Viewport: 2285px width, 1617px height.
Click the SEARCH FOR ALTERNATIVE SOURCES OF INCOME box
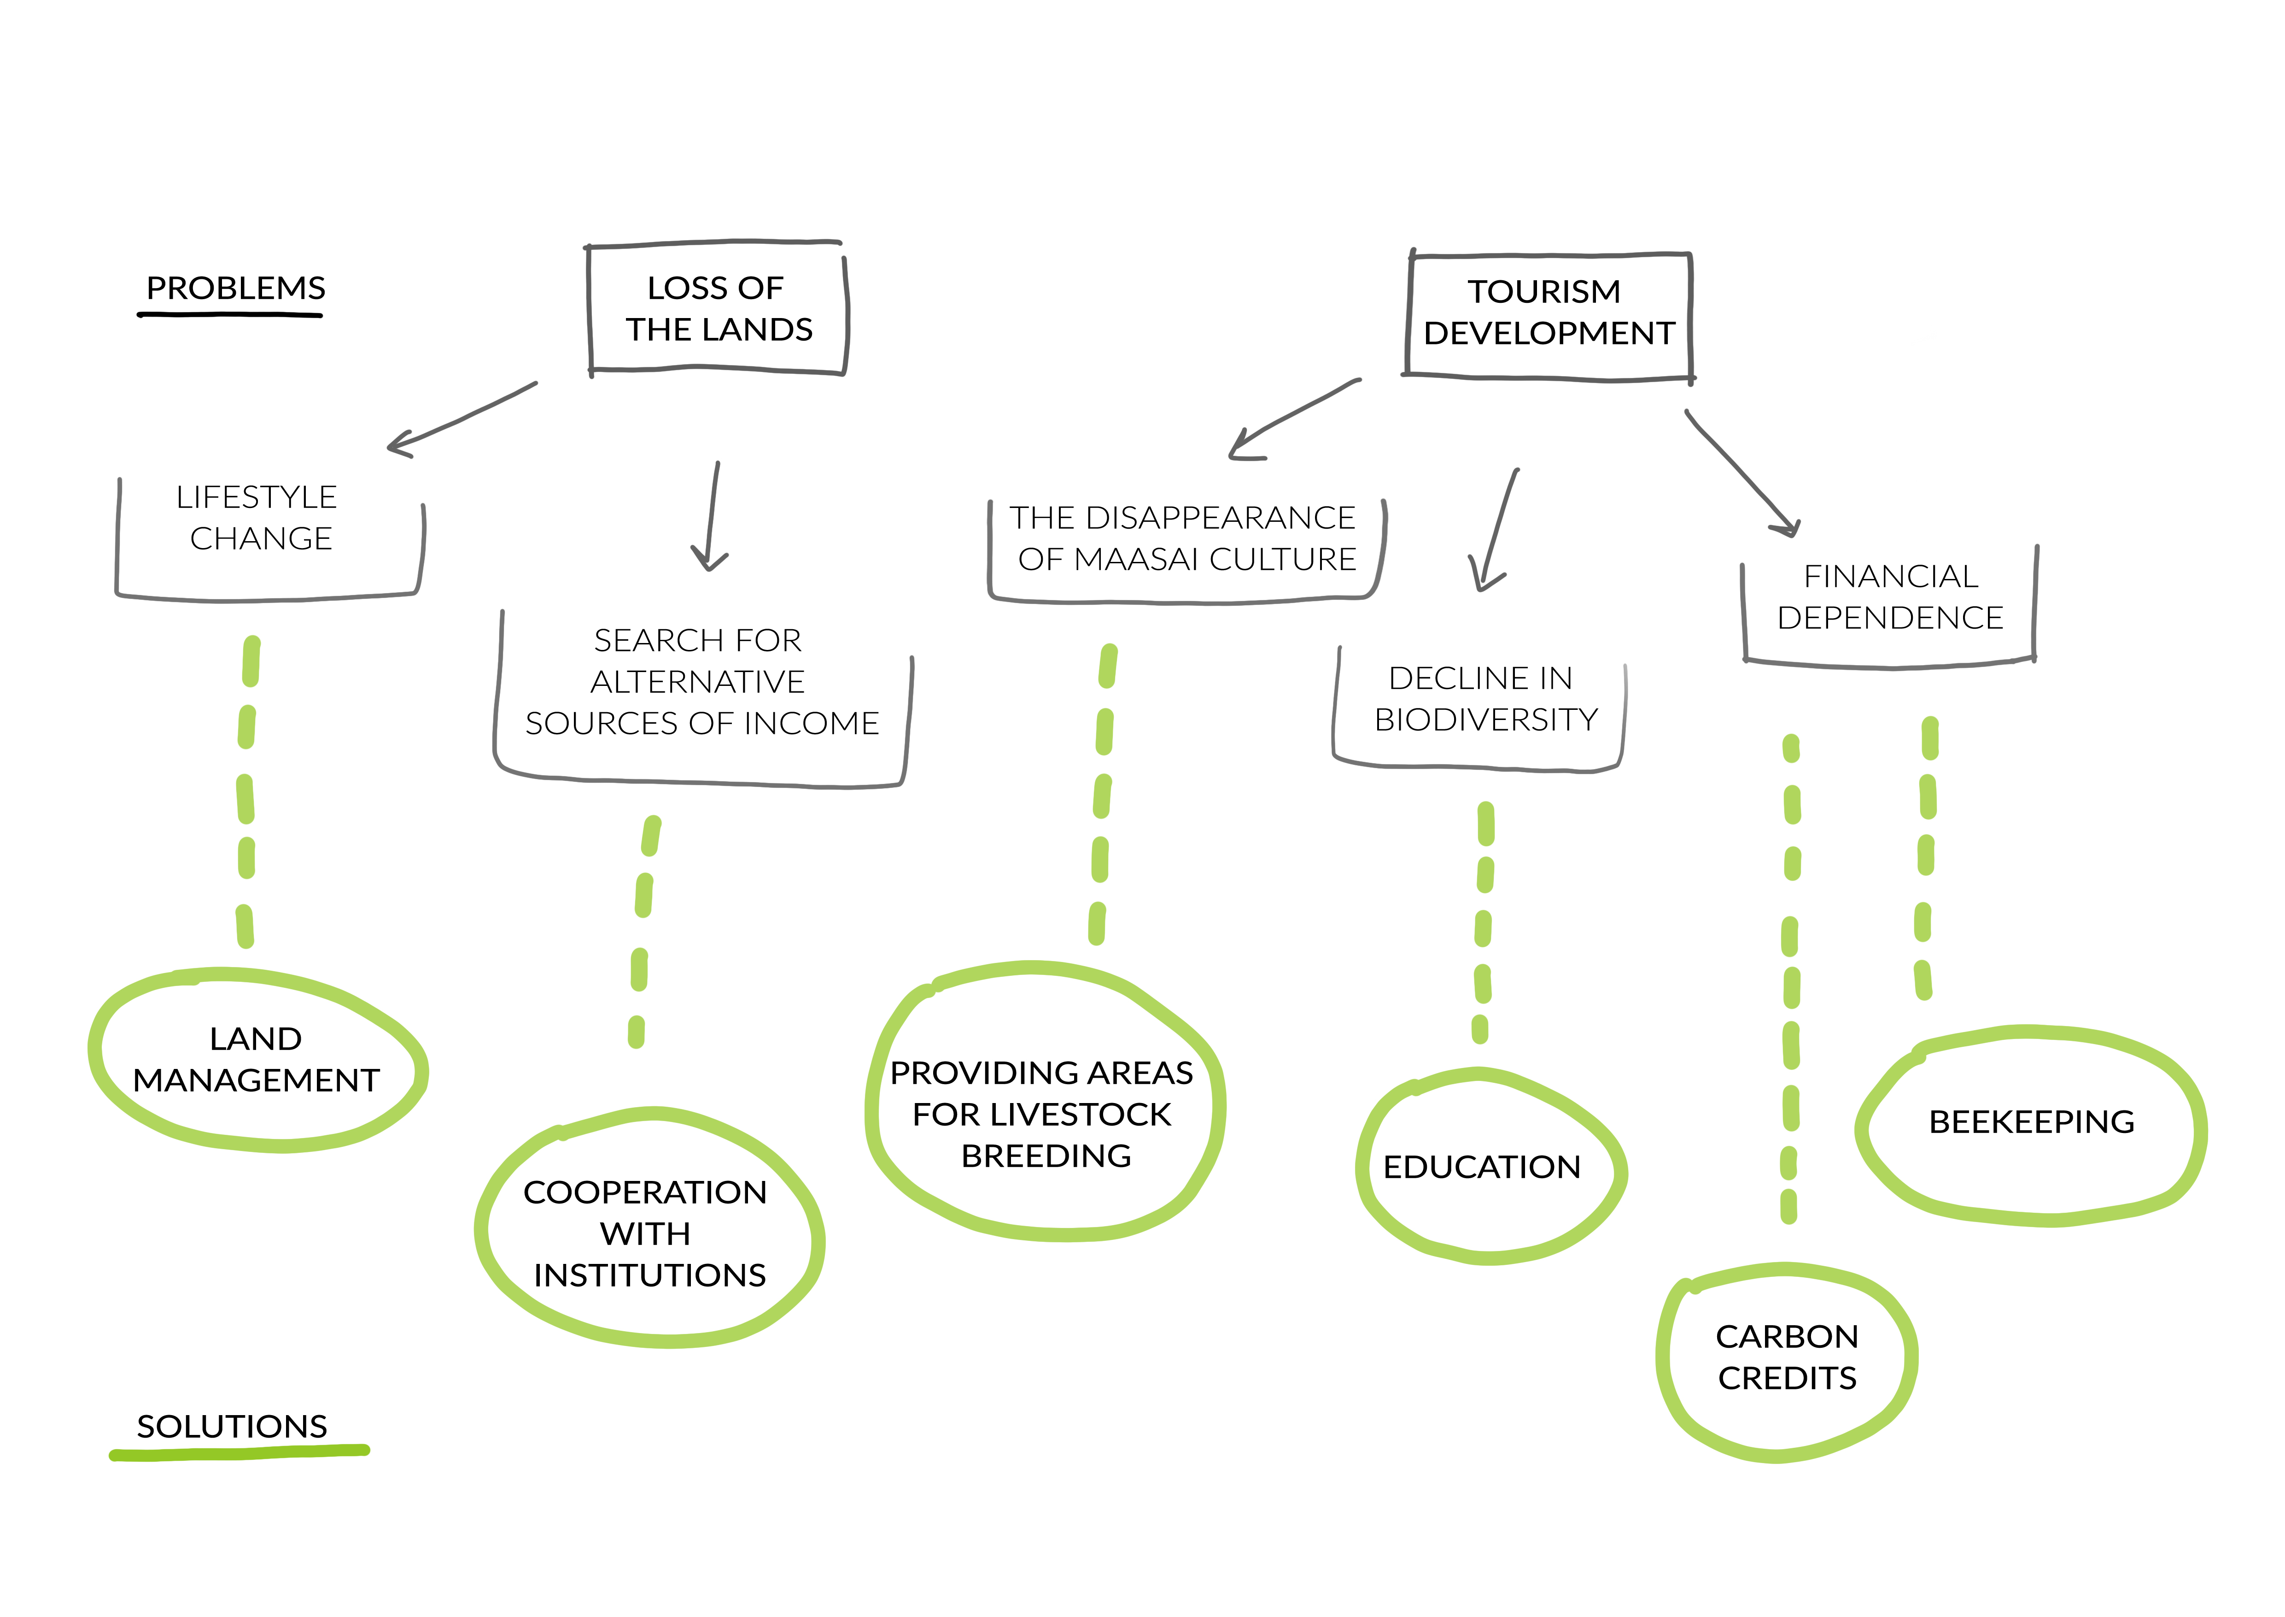701,682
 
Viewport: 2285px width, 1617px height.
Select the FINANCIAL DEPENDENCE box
1889,597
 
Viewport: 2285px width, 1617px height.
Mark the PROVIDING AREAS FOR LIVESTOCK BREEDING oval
1043,1113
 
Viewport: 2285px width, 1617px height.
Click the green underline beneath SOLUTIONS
239,1454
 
